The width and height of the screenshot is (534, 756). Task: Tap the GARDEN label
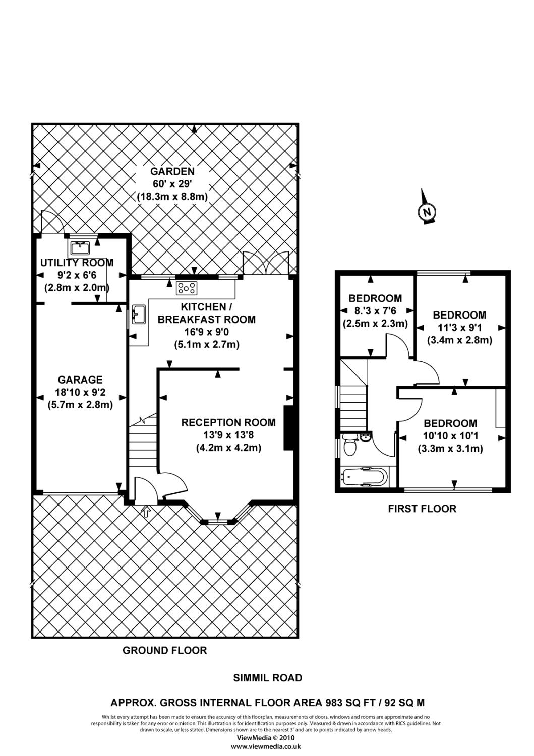pyautogui.click(x=172, y=172)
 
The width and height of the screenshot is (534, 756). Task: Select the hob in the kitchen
pyautogui.click(x=186, y=288)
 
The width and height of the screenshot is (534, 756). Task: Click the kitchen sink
pyautogui.click(x=138, y=314)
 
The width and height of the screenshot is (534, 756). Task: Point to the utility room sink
pyautogui.click(x=80, y=247)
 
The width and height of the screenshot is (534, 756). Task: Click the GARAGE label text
pyautogui.click(x=80, y=380)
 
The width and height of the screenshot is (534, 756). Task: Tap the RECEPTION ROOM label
pyautogui.click(x=228, y=422)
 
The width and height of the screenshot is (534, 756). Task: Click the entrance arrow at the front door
pyautogui.click(x=146, y=512)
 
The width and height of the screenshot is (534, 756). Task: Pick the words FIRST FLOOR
pyautogui.click(x=422, y=509)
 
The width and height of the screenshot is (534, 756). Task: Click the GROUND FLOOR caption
pyautogui.click(x=165, y=650)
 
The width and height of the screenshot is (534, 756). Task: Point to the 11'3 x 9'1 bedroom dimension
pyautogui.click(x=459, y=328)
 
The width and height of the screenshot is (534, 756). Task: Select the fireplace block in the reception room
pyautogui.click(x=289, y=427)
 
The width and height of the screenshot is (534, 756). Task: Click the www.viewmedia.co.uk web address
pyautogui.click(x=266, y=746)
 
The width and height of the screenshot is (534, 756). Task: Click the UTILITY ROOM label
pyautogui.click(x=77, y=263)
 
